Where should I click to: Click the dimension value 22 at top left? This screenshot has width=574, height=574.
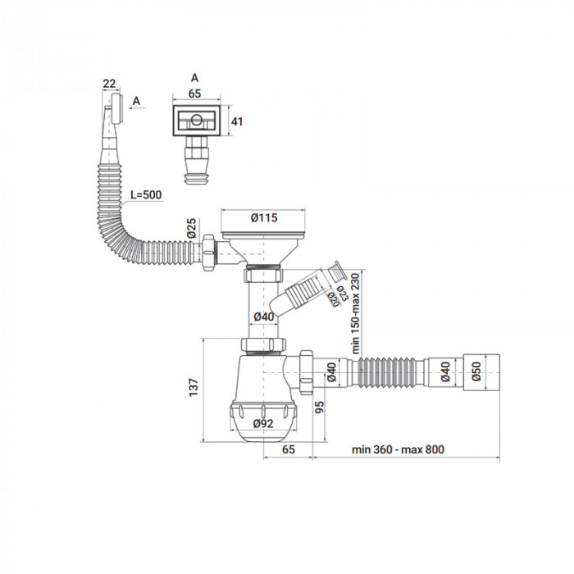tap(109, 83)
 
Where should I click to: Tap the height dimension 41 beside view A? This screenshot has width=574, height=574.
tap(237, 121)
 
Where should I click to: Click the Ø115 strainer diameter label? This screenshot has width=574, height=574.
tap(263, 217)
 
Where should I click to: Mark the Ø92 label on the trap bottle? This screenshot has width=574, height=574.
tap(263, 423)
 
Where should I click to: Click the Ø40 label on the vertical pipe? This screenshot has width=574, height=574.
tap(263, 317)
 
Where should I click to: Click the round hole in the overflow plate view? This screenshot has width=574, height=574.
tap(195, 121)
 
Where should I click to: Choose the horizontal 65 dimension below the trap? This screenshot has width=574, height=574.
tap(288, 450)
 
